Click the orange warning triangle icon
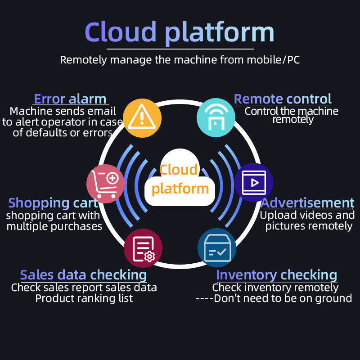pos(142,118)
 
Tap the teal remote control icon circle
pos(216,118)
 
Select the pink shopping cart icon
pos(105,183)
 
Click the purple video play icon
pos(253,182)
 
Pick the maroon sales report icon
pos(143,248)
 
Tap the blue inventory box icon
pos(217,248)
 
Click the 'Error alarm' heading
pos(70,99)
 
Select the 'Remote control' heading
pos(283,99)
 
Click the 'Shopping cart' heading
pos(53,203)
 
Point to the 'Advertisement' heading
pos(308,203)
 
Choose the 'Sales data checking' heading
pos(83,274)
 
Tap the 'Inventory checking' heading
pos(276,274)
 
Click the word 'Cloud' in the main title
pos(121,32)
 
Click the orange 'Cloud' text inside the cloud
pos(179,170)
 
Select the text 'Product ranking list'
pos(84,298)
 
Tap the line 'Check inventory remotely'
pos(275,287)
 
